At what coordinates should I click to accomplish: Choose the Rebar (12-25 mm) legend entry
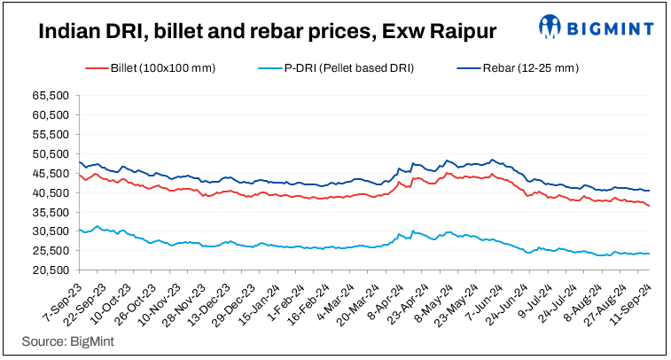pyautogui.click(x=517, y=68)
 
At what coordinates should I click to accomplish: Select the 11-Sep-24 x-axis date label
pyautogui.click(x=632, y=300)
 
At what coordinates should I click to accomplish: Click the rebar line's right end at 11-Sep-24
pyautogui.click(x=649, y=191)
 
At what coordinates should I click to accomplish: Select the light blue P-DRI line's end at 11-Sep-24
pyautogui.click(x=649, y=254)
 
